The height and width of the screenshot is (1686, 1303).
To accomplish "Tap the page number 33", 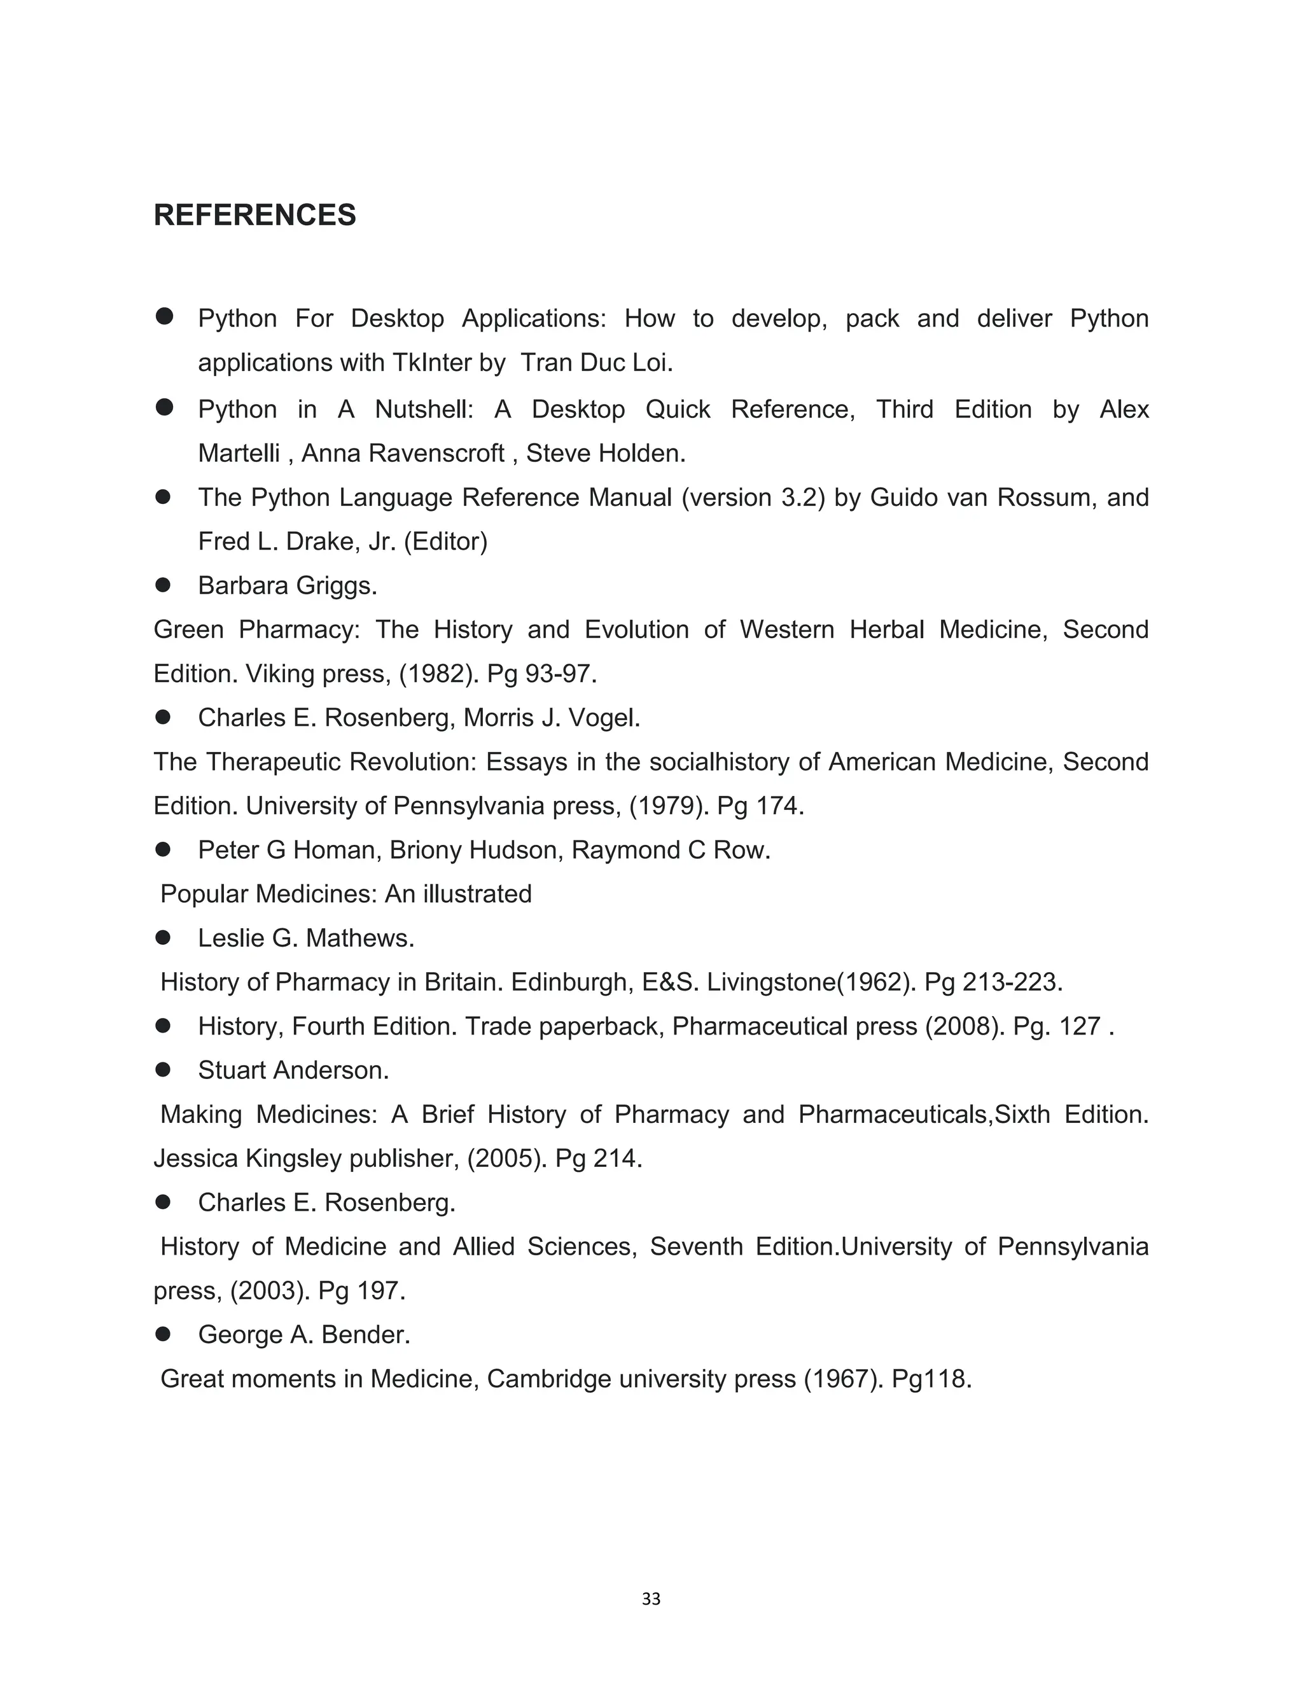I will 651,1599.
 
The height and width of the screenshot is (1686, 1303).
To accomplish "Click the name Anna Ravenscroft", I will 402,452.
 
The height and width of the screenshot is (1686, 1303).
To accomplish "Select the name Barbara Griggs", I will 287,585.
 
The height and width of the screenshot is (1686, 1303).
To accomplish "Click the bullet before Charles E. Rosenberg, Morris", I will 163,717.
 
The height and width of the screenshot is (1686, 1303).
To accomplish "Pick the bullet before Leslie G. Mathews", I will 163,938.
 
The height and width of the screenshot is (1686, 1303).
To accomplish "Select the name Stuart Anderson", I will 293,1070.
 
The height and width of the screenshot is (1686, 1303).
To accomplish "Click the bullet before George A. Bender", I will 163,1335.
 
